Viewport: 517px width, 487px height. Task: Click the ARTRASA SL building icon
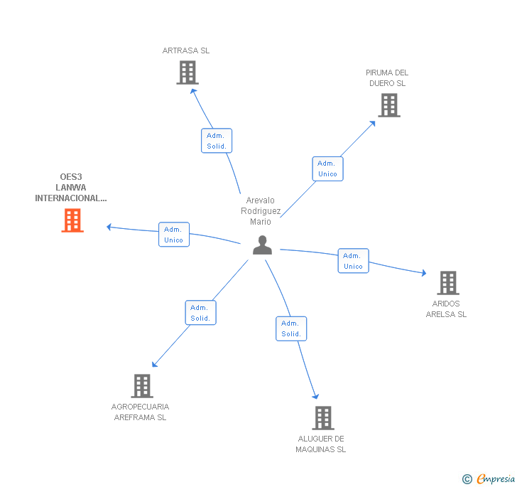tap(187, 73)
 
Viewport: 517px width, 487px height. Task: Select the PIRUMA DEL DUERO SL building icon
tap(388, 105)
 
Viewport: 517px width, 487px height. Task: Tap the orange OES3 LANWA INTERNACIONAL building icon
tap(72, 220)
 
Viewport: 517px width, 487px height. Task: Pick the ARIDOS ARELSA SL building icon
tap(447, 283)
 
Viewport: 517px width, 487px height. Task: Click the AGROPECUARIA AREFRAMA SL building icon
tap(142, 386)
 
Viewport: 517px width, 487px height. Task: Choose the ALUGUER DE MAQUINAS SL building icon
tap(323, 418)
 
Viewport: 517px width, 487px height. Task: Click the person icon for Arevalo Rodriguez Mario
tap(263, 245)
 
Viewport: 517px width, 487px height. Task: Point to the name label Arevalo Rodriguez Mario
tap(261, 211)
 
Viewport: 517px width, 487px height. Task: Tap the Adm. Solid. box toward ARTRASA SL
tap(216, 141)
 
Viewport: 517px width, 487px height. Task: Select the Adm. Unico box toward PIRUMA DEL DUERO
tap(327, 168)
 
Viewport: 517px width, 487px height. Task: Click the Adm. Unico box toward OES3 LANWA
tap(173, 235)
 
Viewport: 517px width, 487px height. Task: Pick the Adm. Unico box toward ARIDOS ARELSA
tap(353, 261)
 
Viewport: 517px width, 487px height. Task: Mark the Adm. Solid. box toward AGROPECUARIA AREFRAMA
tap(200, 313)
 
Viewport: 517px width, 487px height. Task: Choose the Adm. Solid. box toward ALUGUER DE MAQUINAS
tap(290, 328)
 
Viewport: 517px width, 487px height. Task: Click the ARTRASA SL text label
tap(186, 50)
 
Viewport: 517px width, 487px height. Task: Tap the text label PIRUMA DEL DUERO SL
tap(387, 77)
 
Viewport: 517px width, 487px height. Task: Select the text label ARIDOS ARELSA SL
tap(446, 309)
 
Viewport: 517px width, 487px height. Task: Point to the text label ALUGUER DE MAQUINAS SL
tap(321, 444)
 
